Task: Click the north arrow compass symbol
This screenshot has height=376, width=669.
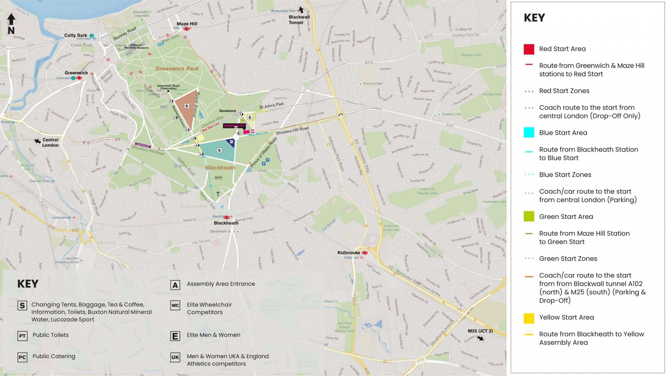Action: click(11, 24)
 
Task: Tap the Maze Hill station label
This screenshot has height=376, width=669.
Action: click(187, 24)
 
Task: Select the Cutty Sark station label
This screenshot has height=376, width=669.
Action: click(76, 35)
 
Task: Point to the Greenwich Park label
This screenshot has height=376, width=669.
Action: click(177, 69)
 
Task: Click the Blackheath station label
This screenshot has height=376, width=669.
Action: click(226, 223)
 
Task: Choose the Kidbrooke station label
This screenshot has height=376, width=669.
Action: click(349, 252)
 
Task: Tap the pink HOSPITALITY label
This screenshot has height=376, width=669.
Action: click(234, 126)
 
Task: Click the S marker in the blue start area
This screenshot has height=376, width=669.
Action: click(219, 150)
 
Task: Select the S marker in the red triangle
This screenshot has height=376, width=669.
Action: click(187, 106)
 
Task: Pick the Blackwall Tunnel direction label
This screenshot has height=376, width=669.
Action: click(299, 20)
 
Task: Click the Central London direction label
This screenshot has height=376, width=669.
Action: click(50, 142)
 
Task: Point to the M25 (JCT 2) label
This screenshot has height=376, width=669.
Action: click(480, 331)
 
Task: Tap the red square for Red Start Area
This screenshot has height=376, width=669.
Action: click(529, 49)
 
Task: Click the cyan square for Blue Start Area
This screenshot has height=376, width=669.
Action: click(529, 133)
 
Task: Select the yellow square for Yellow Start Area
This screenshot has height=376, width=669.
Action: click(529, 318)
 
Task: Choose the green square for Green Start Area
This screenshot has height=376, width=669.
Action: click(529, 217)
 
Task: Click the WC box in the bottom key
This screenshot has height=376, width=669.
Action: click(175, 305)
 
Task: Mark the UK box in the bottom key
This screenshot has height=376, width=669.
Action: click(175, 357)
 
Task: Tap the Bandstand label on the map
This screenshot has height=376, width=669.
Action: click(227, 111)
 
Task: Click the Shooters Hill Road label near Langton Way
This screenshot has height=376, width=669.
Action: click(292, 130)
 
